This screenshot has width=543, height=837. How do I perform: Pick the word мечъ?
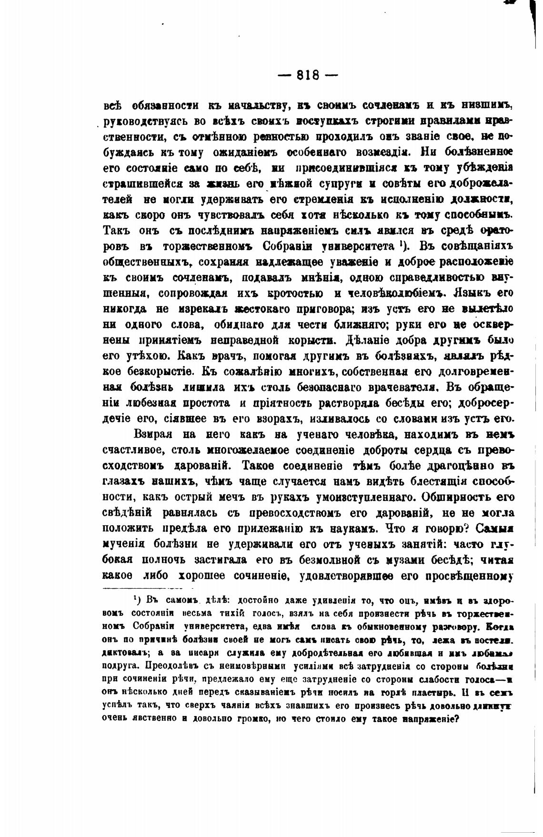(229, 497)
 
